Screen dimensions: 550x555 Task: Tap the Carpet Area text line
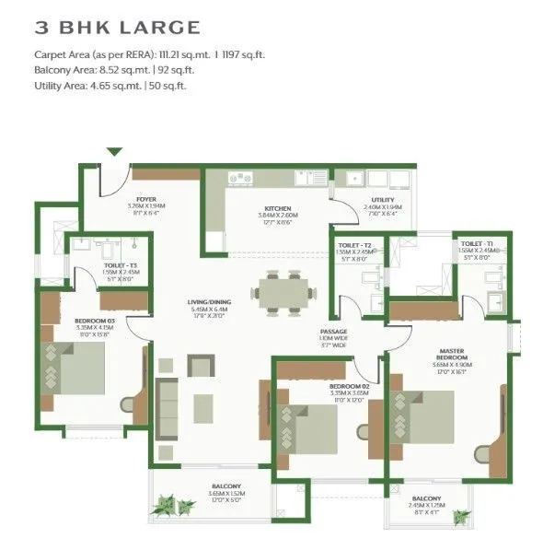150,54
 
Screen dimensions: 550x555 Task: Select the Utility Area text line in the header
110,86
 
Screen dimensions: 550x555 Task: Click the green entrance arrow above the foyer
115,153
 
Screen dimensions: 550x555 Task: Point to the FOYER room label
146,198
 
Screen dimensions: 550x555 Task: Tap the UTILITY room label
383,200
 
